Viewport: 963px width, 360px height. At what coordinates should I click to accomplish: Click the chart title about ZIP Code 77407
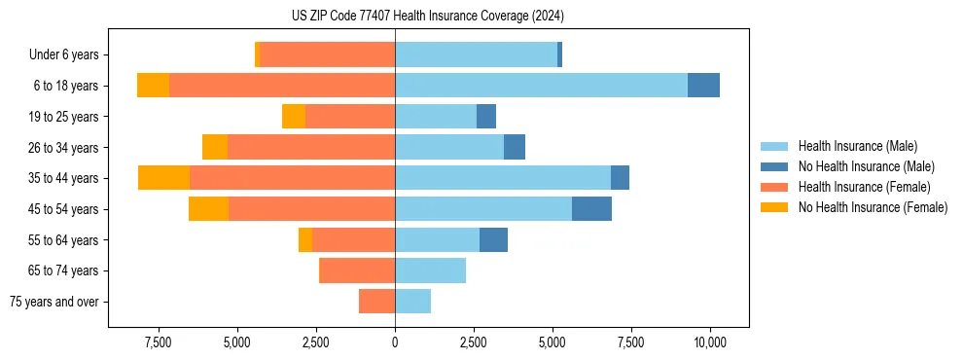click(x=427, y=16)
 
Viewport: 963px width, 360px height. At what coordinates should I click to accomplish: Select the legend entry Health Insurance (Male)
click(x=857, y=146)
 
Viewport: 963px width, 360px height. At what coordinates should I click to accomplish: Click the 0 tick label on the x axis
click(x=395, y=342)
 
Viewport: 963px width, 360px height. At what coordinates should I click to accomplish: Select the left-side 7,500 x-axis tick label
click(x=159, y=342)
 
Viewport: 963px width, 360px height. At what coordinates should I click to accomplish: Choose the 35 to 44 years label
click(x=64, y=178)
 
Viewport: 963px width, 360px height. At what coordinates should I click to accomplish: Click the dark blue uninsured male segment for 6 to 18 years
click(x=703, y=86)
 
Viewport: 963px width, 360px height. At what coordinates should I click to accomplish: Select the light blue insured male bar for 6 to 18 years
click(x=541, y=86)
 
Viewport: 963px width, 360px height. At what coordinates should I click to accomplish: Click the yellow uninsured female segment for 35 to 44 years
click(x=163, y=178)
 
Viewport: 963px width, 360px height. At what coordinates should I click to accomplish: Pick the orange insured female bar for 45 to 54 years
click(x=311, y=209)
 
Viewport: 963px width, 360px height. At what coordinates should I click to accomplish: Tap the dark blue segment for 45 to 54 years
click(x=591, y=209)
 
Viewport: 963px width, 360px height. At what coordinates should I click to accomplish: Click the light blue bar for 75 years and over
click(x=412, y=302)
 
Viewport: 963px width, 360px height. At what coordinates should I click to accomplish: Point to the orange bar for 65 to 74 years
click(x=357, y=270)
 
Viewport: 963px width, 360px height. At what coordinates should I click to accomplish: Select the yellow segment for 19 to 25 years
click(x=294, y=117)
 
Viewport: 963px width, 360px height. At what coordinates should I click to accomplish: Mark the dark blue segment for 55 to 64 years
click(x=493, y=239)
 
